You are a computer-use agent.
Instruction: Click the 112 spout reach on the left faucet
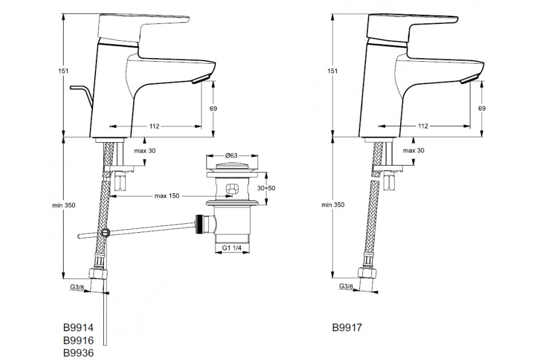click(x=154, y=126)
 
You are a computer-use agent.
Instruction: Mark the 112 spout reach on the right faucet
click(x=423, y=126)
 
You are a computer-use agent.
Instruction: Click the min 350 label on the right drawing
click(x=334, y=205)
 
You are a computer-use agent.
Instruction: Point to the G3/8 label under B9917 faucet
click(x=346, y=287)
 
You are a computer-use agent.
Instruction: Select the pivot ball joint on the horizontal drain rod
click(x=106, y=233)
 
